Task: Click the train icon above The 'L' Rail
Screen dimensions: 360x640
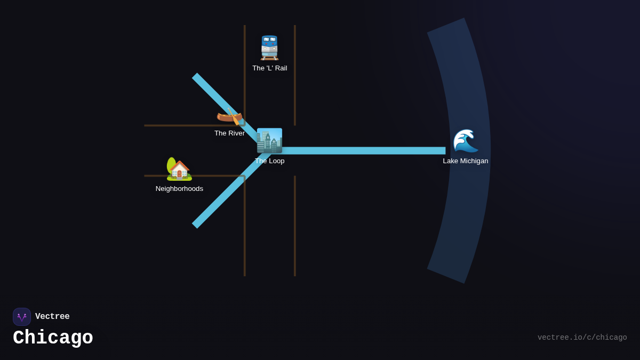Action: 269,47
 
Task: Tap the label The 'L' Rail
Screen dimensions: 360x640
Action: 269,68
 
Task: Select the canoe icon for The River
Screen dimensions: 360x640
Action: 229,116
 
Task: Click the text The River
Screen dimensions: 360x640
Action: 229,133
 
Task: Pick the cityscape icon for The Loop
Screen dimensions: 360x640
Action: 269,141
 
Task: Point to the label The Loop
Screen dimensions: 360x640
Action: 269,161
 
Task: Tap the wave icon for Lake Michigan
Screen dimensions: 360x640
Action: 465,141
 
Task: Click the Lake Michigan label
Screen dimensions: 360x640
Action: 465,161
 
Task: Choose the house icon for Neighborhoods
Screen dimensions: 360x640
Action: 180,171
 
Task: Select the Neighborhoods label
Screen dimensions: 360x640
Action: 179,189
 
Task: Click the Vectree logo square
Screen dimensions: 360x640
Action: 22,317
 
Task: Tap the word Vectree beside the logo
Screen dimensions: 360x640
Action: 52,317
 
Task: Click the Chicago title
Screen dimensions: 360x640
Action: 53,338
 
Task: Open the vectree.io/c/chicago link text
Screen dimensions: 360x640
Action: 582,338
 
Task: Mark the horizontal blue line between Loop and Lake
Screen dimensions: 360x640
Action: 363,150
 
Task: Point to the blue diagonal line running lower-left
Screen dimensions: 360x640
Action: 219,200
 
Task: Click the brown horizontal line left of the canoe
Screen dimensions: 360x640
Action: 176,125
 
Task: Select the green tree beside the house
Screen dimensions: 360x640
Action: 171,164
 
